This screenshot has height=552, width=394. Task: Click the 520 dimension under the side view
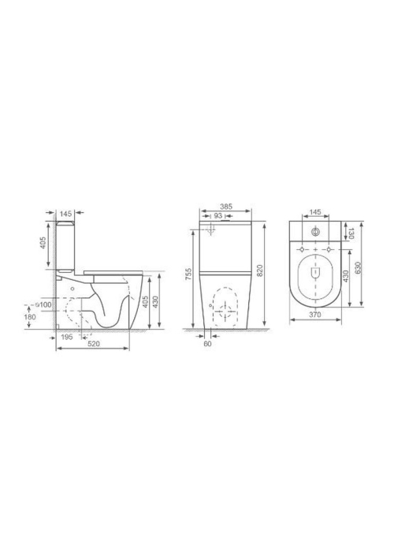point(94,345)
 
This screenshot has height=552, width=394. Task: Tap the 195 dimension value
point(66,337)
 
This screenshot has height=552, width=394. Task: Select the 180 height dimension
point(30,317)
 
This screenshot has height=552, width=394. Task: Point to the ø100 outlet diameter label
point(43,304)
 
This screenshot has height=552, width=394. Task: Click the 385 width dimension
point(226,207)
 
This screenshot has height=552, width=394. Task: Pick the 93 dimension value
point(217,215)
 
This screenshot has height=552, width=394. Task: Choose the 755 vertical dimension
point(188,274)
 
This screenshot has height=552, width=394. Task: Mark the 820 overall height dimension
point(260,270)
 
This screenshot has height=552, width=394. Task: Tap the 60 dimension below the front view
point(207,344)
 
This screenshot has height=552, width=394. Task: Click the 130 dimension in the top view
point(351,233)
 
